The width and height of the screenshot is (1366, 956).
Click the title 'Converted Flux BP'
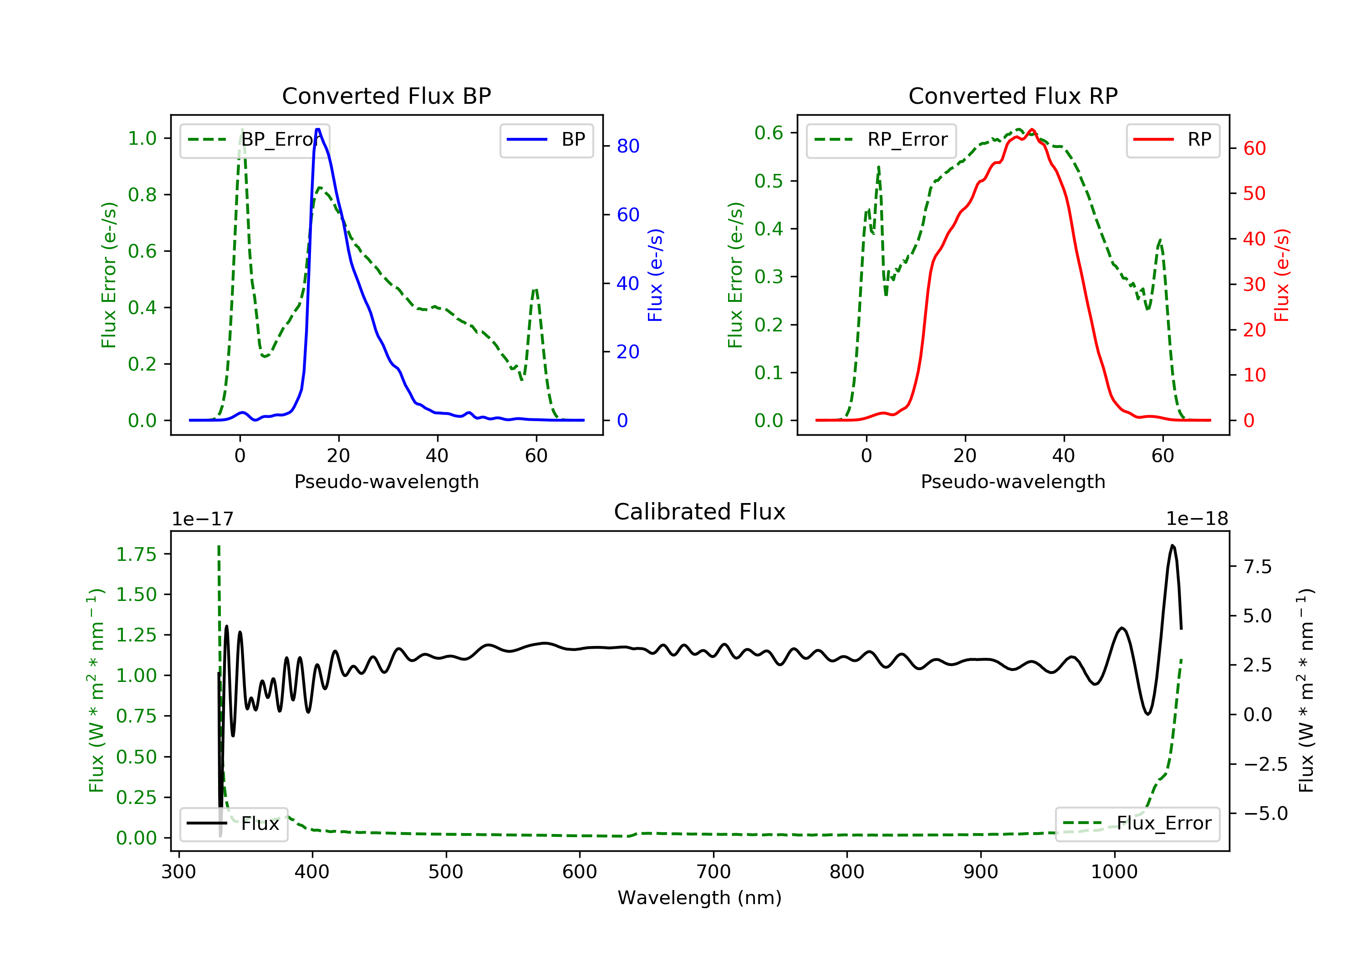click(x=387, y=96)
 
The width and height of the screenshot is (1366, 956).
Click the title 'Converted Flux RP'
click(x=1013, y=96)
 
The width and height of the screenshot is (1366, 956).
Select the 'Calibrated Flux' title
click(x=700, y=512)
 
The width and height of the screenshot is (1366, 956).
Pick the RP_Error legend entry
click(x=881, y=140)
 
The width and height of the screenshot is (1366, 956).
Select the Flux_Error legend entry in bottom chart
click(x=1137, y=824)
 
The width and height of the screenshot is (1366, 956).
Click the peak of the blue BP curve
click(x=318, y=129)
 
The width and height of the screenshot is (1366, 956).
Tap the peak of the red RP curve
click(x=1032, y=130)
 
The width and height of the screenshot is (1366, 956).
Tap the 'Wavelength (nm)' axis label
click(x=700, y=898)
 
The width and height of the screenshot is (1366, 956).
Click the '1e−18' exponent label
click(x=1197, y=519)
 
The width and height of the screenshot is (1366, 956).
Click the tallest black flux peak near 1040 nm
click(x=1172, y=545)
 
